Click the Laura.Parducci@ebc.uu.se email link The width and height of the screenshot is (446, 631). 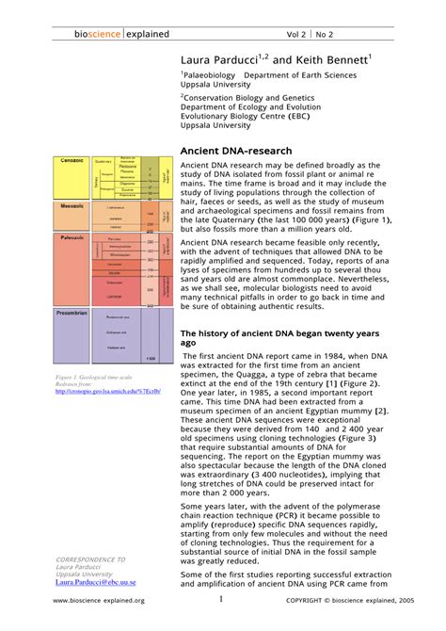(95, 582)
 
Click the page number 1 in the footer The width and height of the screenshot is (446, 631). (221, 599)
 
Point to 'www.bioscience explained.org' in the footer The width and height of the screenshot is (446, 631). (99, 601)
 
